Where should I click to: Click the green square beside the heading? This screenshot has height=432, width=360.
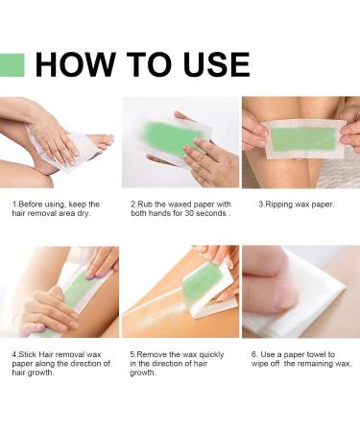pos(12,64)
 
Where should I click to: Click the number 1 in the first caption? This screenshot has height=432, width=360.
pos(13,204)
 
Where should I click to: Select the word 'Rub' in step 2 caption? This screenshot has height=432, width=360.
pos(145,204)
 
